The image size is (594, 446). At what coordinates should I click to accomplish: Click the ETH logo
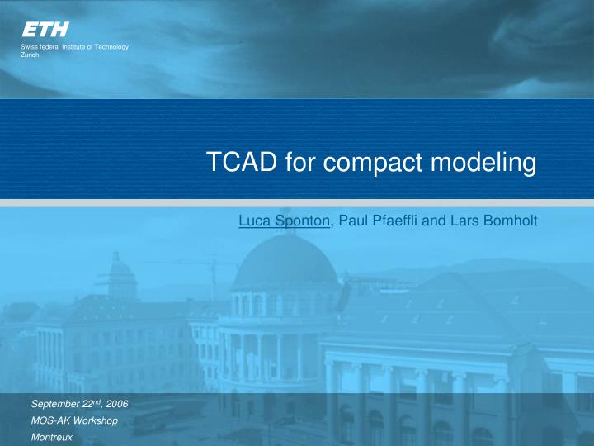click(45, 30)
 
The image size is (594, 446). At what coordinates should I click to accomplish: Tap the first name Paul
click(351, 221)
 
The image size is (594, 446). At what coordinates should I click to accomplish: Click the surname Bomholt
click(508, 221)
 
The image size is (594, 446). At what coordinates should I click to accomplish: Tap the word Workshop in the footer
click(96, 421)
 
